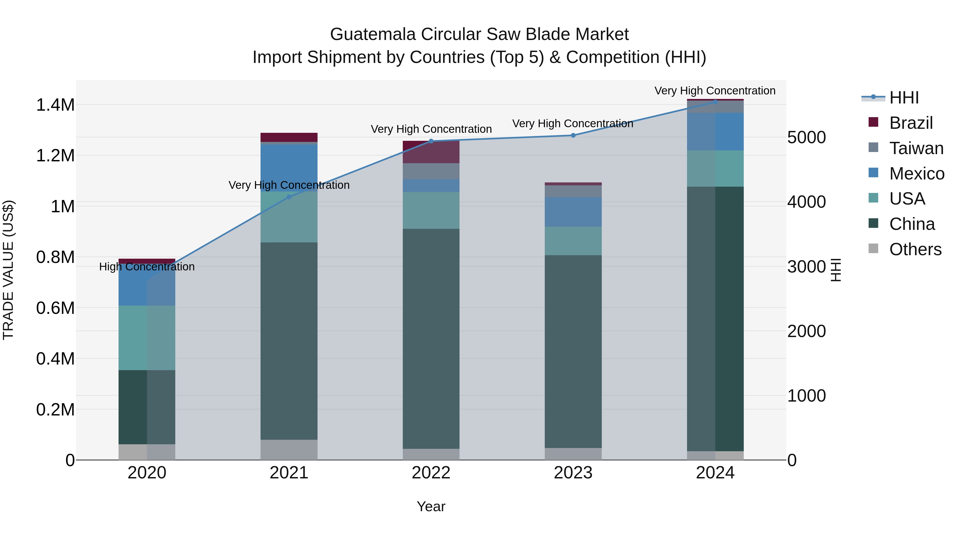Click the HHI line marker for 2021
[x=289, y=197]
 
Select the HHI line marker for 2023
[x=573, y=135]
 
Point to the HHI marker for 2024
[x=715, y=101]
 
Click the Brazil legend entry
[x=911, y=123]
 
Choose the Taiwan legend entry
[x=916, y=148]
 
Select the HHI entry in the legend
[x=904, y=98]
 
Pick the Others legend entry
[x=915, y=249]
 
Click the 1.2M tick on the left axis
[x=55, y=156]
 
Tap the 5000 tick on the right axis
[x=806, y=138]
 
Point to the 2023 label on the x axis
[x=573, y=473]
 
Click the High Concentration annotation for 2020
[x=147, y=267]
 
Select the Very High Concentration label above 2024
[x=715, y=91]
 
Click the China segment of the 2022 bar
[x=431, y=338]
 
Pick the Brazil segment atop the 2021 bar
[x=289, y=137]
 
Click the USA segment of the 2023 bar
[x=573, y=241]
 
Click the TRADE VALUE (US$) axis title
[x=8, y=270]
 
